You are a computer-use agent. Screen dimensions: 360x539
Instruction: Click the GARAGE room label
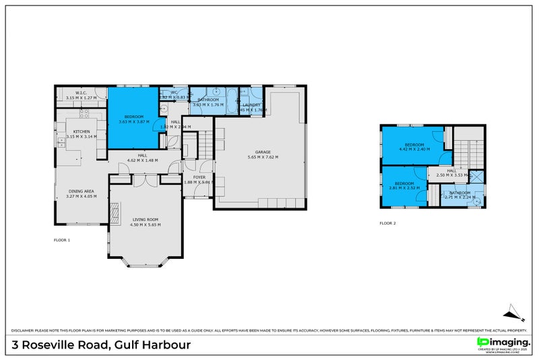pyautogui.click(x=262, y=152)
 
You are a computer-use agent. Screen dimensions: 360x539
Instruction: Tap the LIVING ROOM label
pyautogui.click(x=146, y=219)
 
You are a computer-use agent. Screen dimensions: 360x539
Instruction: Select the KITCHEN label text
pyautogui.click(x=82, y=131)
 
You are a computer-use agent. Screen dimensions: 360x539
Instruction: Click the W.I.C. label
pyautogui.click(x=82, y=93)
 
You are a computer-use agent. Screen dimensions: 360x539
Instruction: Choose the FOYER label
pyautogui.click(x=199, y=177)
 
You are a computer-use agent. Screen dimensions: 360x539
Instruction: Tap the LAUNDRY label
pyautogui.click(x=251, y=104)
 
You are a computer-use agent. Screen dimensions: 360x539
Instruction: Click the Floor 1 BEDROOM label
pyautogui.click(x=133, y=117)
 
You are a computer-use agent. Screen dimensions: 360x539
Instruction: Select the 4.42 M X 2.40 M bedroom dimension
pyautogui.click(x=414, y=150)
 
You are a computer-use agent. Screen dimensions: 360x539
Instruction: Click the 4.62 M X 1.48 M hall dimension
pyautogui.click(x=142, y=160)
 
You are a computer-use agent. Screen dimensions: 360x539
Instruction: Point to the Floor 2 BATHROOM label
pyautogui.click(x=460, y=193)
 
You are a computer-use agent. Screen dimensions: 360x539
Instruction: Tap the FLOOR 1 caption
pyautogui.click(x=62, y=240)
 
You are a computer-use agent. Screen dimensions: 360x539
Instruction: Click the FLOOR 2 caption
pyautogui.click(x=388, y=222)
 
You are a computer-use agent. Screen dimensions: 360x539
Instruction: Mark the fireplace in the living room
pyautogui.click(x=114, y=214)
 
